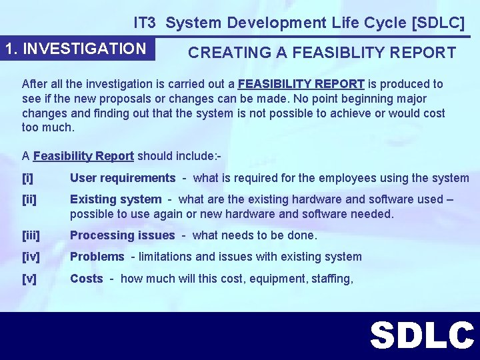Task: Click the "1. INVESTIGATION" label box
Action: [x=75, y=49]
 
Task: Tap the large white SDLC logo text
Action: [x=422, y=335]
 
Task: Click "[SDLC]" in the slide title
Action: [x=438, y=23]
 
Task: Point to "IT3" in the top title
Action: [x=145, y=23]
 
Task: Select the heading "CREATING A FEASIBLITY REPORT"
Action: [x=322, y=53]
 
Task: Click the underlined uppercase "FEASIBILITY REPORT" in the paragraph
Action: [x=301, y=84]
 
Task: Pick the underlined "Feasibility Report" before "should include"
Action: [x=83, y=156]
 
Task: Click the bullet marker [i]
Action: [x=27, y=178]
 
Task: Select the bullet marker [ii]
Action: [x=29, y=199]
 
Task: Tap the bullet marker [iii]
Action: [x=31, y=235]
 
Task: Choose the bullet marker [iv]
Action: [x=30, y=257]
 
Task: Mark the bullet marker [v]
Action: [x=29, y=279]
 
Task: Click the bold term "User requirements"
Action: [x=122, y=178]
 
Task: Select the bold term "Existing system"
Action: [x=115, y=199]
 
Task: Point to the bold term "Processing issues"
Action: [x=122, y=235]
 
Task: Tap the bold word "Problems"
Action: [x=97, y=257]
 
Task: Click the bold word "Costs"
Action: [x=87, y=279]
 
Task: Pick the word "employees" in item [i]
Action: [x=329, y=178]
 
